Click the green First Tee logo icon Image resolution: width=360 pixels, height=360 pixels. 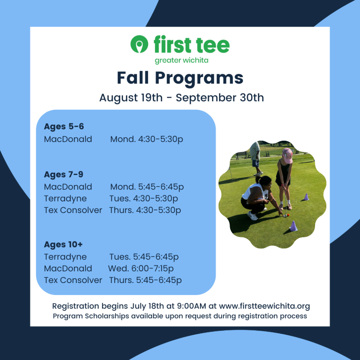(139, 44)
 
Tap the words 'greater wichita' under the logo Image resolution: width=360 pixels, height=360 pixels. (181, 60)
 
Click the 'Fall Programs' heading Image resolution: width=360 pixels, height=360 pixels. (180, 78)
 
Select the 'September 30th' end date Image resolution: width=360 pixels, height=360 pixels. (220, 98)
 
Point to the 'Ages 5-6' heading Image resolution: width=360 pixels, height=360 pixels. (64, 127)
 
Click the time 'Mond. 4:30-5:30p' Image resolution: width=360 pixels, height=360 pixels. (147, 139)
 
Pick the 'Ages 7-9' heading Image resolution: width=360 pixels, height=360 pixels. (64, 174)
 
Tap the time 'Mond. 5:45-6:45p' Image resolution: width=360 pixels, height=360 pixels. (147, 187)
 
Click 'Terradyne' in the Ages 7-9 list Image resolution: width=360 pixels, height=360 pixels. (65, 199)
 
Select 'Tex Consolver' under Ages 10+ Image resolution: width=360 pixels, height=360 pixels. (73, 280)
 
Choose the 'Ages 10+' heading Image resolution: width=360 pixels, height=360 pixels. (63, 245)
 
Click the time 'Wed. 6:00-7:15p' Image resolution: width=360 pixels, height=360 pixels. (141, 269)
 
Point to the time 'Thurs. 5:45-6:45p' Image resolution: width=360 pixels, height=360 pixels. (145, 280)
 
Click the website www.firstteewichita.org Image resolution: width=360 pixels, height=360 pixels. (264, 306)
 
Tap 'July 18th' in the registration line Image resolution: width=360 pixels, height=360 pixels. (147, 306)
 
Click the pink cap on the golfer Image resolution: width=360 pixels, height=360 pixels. (288, 155)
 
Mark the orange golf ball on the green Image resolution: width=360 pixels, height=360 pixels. (288, 215)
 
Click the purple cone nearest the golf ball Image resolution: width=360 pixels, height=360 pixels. (293, 226)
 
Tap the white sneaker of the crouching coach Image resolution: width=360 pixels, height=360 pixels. (252, 216)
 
